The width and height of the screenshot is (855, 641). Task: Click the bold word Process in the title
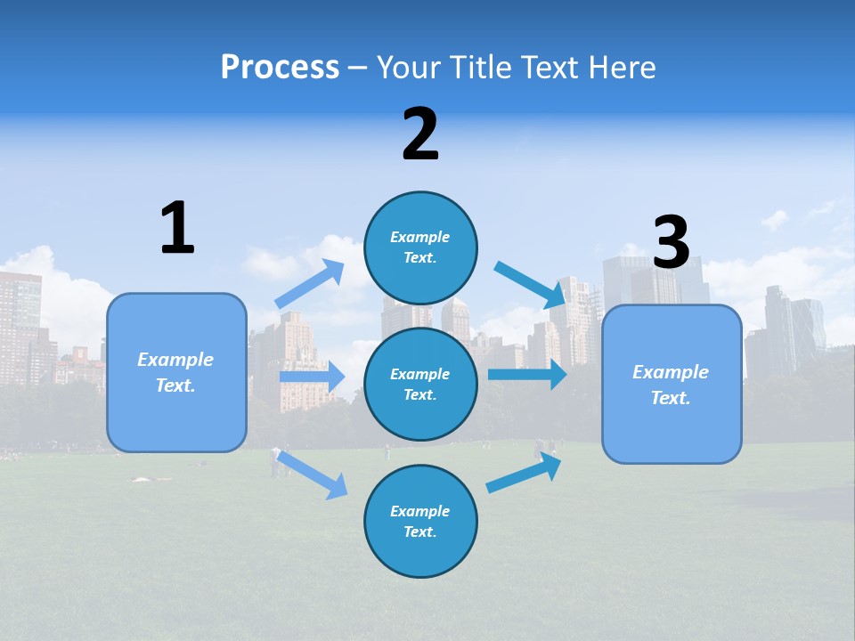[x=280, y=67]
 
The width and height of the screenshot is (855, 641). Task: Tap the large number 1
[x=177, y=229]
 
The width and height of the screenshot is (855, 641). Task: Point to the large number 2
[x=420, y=134]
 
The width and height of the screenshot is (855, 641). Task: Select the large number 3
[x=671, y=243]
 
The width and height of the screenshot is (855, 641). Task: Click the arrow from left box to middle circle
[x=312, y=377]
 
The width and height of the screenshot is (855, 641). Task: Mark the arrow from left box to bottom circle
[x=312, y=474]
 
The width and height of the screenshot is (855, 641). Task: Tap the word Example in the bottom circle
[x=419, y=511]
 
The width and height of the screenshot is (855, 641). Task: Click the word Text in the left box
[x=175, y=385]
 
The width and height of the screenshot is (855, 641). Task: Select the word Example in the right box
[x=671, y=372]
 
